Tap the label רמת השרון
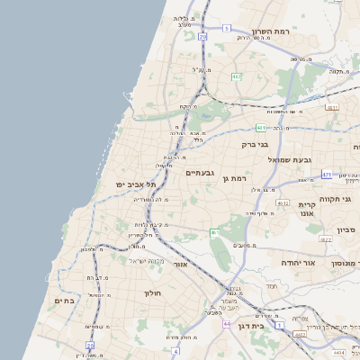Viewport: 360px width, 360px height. [x=271, y=31]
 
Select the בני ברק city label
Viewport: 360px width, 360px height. [x=256, y=144]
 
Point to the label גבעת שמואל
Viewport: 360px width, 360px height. [x=290, y=159]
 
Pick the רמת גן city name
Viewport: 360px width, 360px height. [x=234, y=179]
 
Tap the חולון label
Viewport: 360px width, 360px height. [x=151, y=293]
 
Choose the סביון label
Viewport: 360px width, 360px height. [x=348, y=230]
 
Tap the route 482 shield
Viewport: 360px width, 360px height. [x=237, y=77]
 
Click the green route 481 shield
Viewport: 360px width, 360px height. [x=260, y=128]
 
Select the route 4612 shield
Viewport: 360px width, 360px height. [x=283, y=203]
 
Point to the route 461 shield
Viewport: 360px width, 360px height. [x=214, y=233]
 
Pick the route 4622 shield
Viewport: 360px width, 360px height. [x=325, y=240]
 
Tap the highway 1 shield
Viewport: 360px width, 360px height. [x=279, y=324]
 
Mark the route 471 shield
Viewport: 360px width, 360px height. [x=327, y=175]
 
